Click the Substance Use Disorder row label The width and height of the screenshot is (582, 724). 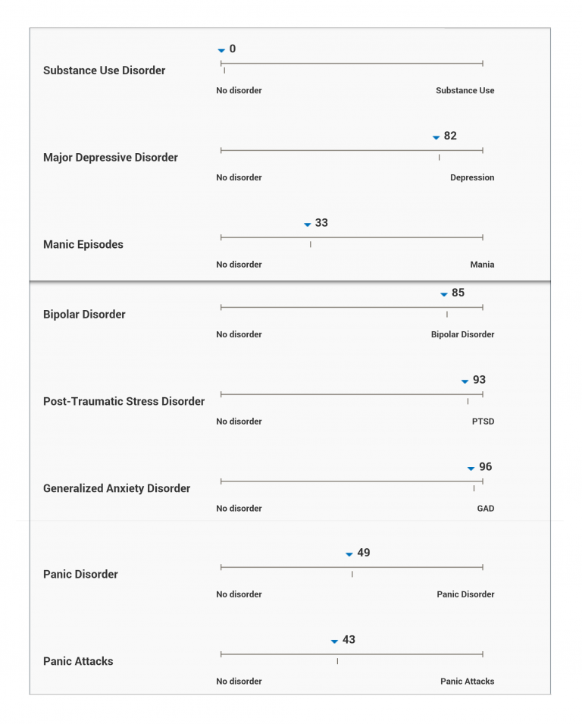[104, 71]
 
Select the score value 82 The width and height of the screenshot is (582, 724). [450, 136]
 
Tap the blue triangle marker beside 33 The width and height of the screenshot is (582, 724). [307, 224]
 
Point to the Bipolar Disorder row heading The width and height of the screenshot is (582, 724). [84, 315]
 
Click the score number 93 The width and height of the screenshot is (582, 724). [479, 380]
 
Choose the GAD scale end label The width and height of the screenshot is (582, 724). [485, 509]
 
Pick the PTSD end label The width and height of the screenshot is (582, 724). [483, 422]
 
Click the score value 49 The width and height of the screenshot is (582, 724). [364, 553]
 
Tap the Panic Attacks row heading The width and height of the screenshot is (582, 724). [78, 662]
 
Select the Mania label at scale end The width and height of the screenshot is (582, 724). [482, 265]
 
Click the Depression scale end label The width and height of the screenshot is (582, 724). [472, 177]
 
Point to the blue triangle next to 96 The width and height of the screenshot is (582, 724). [471, 469]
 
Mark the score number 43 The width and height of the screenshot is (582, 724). [349, 640]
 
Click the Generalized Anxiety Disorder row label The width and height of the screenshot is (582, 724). [117, 489]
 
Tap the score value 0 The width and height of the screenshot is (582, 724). [233, 49]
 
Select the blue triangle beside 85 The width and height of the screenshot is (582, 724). [444, 294]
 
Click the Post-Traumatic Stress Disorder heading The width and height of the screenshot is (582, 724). [124, 402]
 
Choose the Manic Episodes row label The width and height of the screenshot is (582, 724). [83, 245]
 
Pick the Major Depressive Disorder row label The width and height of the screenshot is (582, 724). [111, 158]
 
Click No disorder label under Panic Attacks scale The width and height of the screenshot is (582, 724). [239, 682]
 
